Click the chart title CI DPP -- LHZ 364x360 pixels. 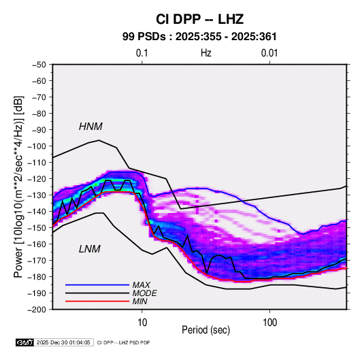(199, 19)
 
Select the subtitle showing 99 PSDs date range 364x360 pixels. (199, 37)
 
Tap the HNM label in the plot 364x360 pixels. (90, 127)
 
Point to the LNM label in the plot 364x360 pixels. (90, 249)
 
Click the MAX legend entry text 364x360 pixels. (141, 285)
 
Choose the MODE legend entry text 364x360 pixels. (144, 293)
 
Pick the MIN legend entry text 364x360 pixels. (139, 301)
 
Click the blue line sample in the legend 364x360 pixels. (97, 285)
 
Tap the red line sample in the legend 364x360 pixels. (97, 301)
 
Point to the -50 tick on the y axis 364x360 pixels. (39, 65)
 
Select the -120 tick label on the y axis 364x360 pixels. (37, 179)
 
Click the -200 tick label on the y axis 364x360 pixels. (37, 310)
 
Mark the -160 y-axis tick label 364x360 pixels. (37, 244)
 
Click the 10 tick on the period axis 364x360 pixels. (142, 323)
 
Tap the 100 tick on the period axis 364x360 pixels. (269, 323)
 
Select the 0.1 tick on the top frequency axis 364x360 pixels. (142, 53)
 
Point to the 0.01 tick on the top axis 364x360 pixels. (269, 53)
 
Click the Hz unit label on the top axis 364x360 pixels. (206, 53)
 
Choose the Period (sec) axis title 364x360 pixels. (206, 330)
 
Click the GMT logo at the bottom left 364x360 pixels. (25, 342)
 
